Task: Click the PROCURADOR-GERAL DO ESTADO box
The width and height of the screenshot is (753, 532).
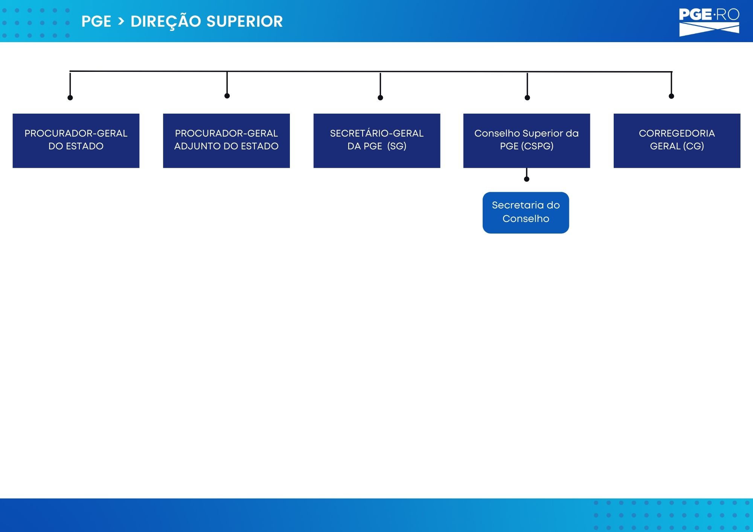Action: (x=76, y=141)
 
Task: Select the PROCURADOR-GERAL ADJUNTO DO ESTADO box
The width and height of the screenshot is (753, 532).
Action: (x=226, y=141)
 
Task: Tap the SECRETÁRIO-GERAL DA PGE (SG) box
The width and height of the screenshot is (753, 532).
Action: (x=377, y=141)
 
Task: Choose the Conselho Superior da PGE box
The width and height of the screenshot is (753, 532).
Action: (x=527, y=141)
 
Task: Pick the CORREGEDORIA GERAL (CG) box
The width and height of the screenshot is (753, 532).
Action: (x=677, y=141)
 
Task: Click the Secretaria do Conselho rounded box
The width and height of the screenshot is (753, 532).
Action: (x=526, y=213)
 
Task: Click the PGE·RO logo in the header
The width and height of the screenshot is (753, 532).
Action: (x=709, y=22)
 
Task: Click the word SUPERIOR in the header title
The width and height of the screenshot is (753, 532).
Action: (x=245, y=21)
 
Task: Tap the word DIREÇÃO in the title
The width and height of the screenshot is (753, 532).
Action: (x=166, y=22)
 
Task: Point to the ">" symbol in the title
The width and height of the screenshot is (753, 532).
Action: (x=121, y=21)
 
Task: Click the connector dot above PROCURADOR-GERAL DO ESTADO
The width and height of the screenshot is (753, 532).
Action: (x=70, y=98)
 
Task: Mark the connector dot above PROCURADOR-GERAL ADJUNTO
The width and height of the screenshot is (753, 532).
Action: (x=227, y=96)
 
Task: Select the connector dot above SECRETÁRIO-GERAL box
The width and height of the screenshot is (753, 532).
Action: (x=380, y=98)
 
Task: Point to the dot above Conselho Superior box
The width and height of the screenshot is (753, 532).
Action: (x=527, y=98)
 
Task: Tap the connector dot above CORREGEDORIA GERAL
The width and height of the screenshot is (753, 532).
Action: (x=671, y=96)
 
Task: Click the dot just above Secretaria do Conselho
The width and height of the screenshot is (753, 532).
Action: (x=527, y=179)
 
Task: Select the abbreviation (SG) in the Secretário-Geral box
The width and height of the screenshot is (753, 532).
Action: (x=397, y=146)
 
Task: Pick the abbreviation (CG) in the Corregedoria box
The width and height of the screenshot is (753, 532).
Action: (x=694, y=146)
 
